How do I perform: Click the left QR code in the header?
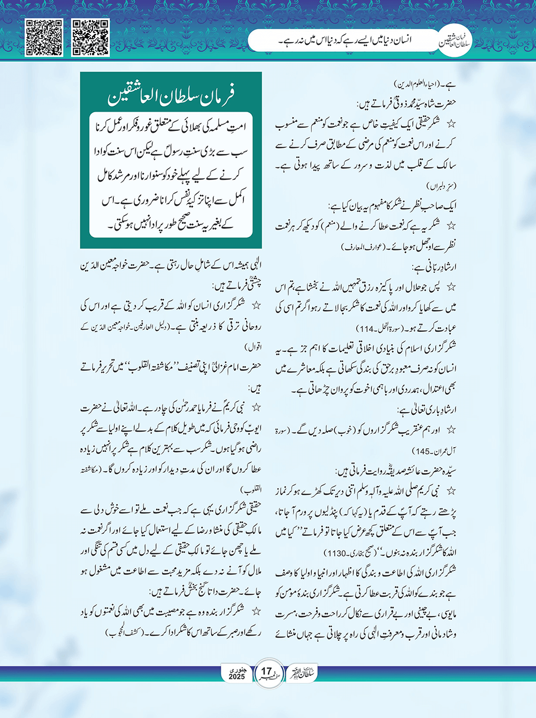click(44, 38)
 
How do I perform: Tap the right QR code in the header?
click(90, 38)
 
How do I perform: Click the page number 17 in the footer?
click(266, 672)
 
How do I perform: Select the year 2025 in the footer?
click(237, 677)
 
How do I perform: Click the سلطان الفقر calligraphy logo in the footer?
click(302, 673)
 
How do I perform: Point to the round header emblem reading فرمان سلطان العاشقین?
click(454, 41)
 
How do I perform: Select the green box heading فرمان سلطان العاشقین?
click(170, 95)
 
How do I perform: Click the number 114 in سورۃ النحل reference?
click(366, 329)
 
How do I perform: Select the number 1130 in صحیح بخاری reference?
click(334, 552)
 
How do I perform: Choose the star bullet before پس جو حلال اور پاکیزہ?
click(451, 286)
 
